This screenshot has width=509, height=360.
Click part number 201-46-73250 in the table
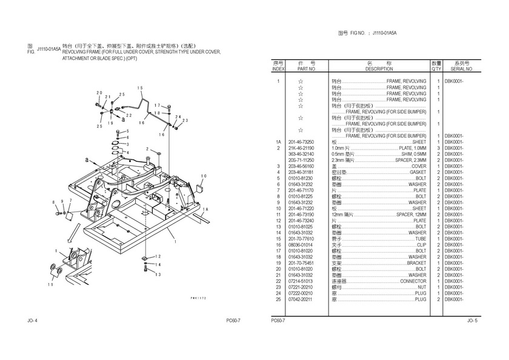(x=306, y=142)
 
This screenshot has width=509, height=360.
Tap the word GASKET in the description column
(x=418, y=172)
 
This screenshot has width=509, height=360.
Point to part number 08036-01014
(x=306, y=245)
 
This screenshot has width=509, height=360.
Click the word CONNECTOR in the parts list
(x=413, y=281)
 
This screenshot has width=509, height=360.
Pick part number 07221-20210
(x=306, y=287)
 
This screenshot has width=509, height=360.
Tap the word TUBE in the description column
(x=421, y=239)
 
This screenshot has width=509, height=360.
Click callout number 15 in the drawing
(x=140, y=88)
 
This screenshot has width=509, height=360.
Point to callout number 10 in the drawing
(x=204, y=176)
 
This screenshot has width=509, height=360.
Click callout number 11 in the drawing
(x=51, y=284)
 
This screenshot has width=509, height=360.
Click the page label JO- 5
(x=473, y=320)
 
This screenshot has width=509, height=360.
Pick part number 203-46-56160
(x=306, y=166)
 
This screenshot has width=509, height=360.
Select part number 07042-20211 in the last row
(x=306, y=299)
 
